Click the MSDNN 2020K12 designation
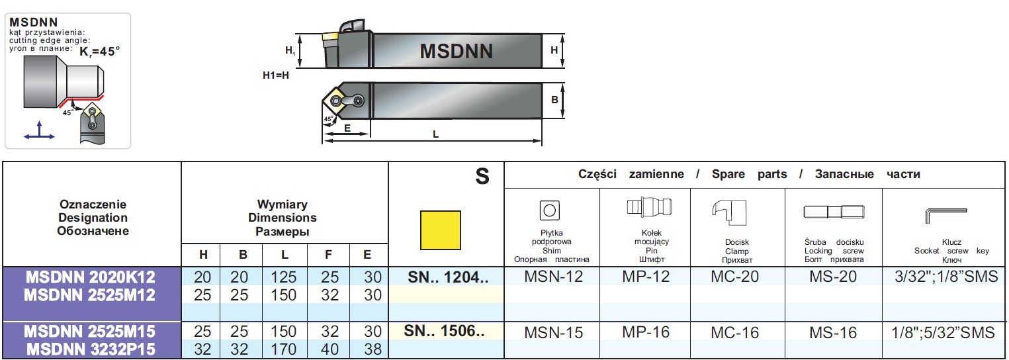pyautogui.click(x=92, y=276)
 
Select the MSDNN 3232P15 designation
pyautogui.click(x=92, y=349)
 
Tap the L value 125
pyautogui.click(x=284, y=277)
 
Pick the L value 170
pyautogui.click(x=284, y=349)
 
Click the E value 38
pyautogui.click(x=373, y=349)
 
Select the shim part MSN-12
pyautogui.click(x=553, y=276)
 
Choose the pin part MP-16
pyautogui.click(x=646, y=332)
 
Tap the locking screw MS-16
pyautogui.click(x=833, y=332)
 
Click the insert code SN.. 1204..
pyautogui.click(x=447, y=276)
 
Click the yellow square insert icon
pyautogui.click(x=441, y=230)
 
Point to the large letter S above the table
pyautogui.click(x=482, y=175)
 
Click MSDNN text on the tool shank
pyautogui.click(x=457, y=51)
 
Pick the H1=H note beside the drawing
pyautogui.click(x=276, y=75)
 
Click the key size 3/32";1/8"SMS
pyautogui.click(x=945, y=276)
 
